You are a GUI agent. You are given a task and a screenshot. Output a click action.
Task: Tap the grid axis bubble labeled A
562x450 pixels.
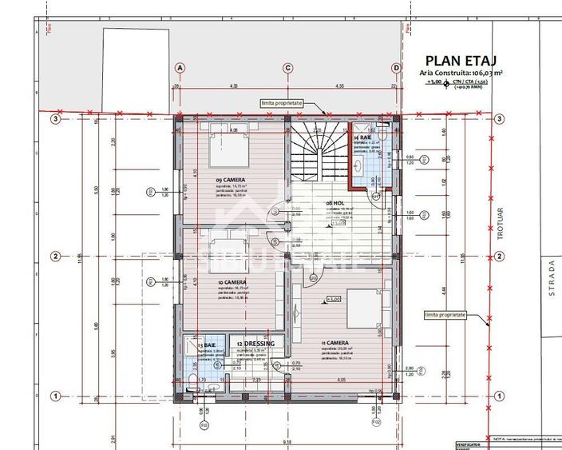pos(180,68)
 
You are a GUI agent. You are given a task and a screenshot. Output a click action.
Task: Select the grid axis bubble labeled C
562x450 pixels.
pos(287,68)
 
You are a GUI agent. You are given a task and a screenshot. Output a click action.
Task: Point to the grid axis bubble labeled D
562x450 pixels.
pos(396,68)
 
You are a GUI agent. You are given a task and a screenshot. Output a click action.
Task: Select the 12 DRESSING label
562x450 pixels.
pos(255,344)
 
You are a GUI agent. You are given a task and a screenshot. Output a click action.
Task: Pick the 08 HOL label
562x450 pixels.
pos(335,204)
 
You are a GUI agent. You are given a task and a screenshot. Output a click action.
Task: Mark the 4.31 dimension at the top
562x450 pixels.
pos(234,86)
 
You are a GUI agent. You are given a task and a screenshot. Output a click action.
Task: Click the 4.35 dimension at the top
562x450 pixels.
pos(340,86)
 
